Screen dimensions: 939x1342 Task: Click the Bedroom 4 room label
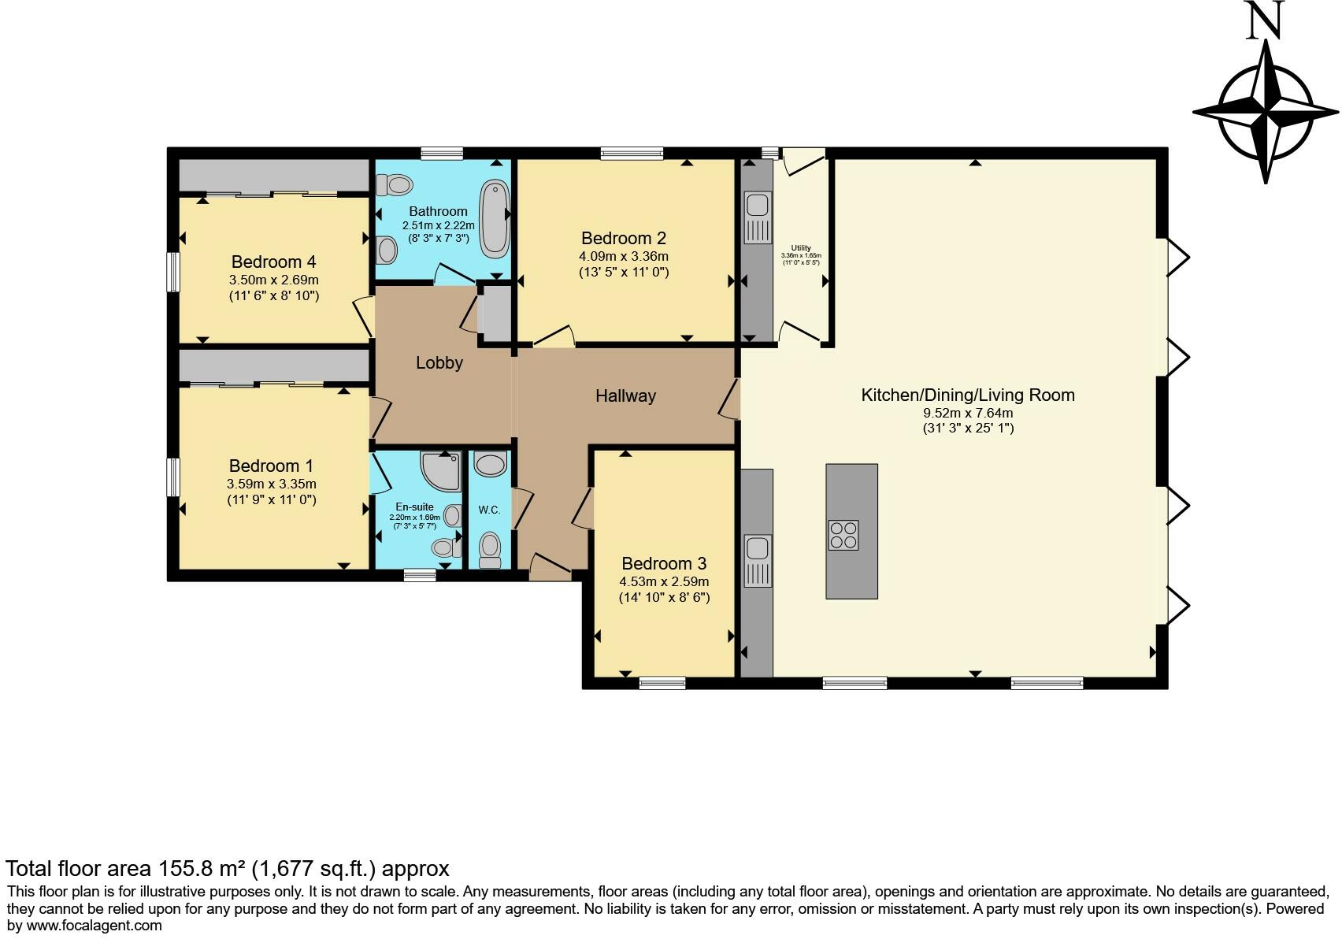tap(273, 262)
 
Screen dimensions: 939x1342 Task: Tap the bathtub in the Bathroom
tap(495, 219)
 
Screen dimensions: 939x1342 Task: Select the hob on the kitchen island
tap(843, 535)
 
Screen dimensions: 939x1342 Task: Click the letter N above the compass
tap(1265, 21)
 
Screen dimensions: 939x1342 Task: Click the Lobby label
tap(439, 363)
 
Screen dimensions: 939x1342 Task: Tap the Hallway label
tap(625, 396)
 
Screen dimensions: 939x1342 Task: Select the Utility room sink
tap(758, 206)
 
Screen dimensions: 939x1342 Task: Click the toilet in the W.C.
tap(490, 547)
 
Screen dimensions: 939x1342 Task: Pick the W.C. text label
tap(489, 510)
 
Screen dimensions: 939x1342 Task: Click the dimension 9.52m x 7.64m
tap(968, 413)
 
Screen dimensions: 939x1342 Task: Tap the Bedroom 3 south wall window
tap(662, 683)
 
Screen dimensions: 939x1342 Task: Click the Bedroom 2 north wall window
tap(632, 154)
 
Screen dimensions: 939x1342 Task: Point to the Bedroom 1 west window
tap(173, 477)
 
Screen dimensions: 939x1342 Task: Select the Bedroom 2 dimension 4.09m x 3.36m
tap(624, 257)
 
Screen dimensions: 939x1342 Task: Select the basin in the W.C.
tap(491, 465)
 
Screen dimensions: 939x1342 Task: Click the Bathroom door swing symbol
tap(454, 273)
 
